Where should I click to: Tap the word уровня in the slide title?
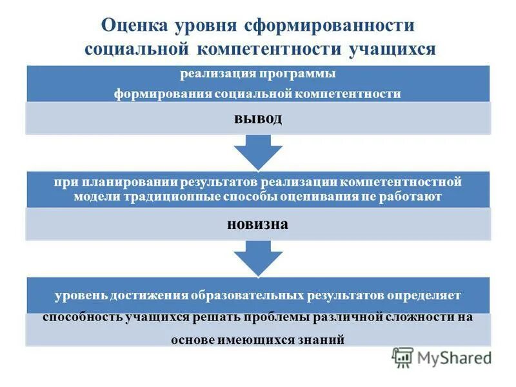206,26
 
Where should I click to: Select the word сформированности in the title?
328,26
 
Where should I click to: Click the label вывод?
257,119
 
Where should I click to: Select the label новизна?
257,224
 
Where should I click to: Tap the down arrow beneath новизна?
257,258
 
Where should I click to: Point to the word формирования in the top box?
154,94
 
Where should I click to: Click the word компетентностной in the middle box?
401,183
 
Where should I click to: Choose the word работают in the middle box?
413,197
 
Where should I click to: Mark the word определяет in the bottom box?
424,295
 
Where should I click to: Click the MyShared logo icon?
403,357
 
